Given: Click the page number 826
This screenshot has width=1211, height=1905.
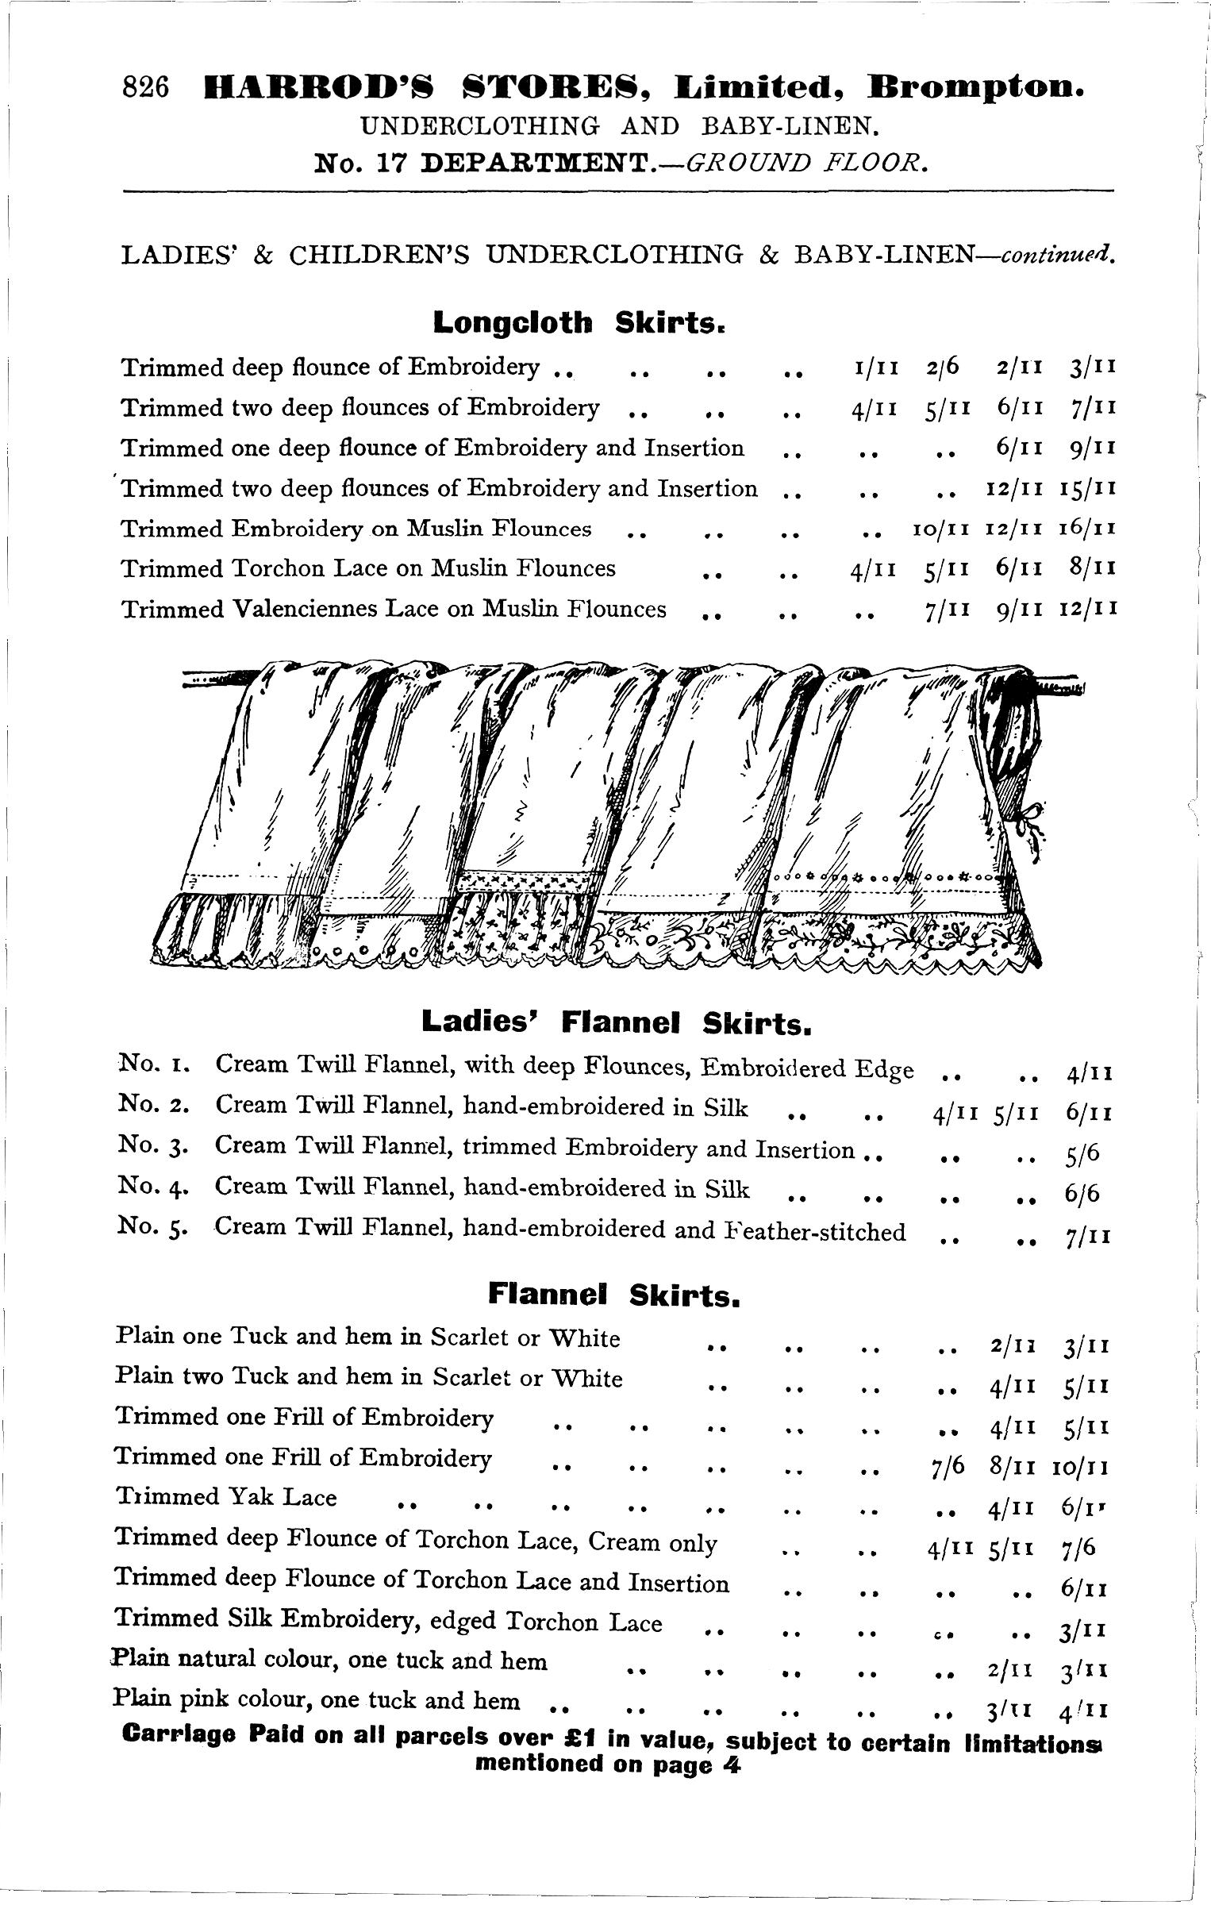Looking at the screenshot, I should [x=147, y=87].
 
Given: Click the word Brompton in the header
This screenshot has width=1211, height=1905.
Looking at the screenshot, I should [x=976, y=86].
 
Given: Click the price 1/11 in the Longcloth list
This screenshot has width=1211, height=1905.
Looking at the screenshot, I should [x=871, y=367].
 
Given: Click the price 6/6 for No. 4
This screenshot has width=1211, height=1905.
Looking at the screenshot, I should [x=1083, y=1193].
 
